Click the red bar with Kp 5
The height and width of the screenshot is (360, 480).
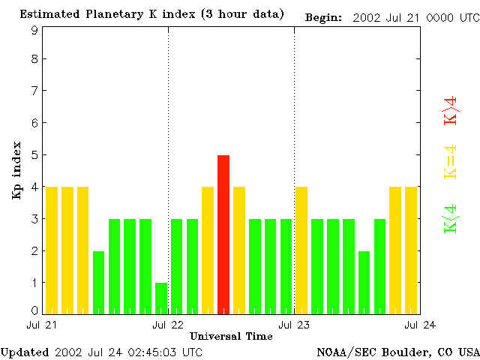coord(223,234)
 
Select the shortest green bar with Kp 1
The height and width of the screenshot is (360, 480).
coord(161,298)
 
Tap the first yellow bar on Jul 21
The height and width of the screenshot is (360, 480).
coord(52,250)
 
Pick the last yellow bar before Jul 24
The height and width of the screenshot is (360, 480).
coord(411,250)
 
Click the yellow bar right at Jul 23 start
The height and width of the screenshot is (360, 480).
coord(301,250)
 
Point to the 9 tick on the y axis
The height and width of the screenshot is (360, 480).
coord(34,30)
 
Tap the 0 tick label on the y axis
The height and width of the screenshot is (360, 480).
coord(34,310)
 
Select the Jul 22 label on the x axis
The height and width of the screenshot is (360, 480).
coord(168,325)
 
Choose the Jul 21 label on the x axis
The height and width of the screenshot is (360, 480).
coord(42,325)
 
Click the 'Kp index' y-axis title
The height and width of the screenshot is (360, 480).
coord(16,170)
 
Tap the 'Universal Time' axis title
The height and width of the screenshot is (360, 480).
coord(231,336)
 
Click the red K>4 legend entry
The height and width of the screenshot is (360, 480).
coord(451,110)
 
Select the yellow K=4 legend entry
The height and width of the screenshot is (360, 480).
coord(451,161)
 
